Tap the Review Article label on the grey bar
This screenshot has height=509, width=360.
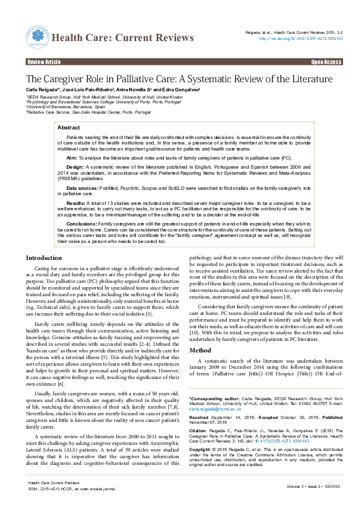[x=44, y=62]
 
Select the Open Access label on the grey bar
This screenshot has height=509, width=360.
[x=326, y=62]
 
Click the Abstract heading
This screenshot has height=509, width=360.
[x=68, y=128]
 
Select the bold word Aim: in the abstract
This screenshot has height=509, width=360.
[x=72, y=157]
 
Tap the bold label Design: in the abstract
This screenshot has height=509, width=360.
[x=76, y=166]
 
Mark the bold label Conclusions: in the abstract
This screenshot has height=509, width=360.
[x=82, y=224]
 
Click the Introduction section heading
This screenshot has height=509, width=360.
[x=44, y=258]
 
